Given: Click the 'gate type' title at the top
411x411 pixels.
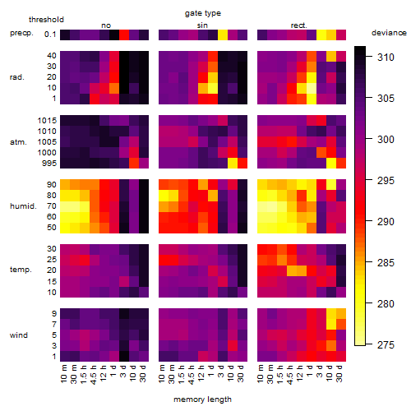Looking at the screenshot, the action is pyautogui.click(x=203, y=13).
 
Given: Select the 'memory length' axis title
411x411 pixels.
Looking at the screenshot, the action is pyautogui.click(x=202, y=399).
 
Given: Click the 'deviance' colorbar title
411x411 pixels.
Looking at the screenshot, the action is pyautogui.click(x=389, y=33).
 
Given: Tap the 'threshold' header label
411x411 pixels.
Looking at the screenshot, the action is pyautogui.click(x=46, y=20).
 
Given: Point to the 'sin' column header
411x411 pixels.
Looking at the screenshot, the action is pyautogui.click(x=202, y=25).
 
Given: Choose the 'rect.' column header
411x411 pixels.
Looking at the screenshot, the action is pyautogui.click(x=299, y=25).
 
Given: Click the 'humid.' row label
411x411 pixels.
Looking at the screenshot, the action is pyautogui.click(x=23, y=206).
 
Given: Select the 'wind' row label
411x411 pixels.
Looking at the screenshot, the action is pyautogui.click(x=19, y=335).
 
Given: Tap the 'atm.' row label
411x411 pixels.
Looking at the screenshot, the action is pyautogui.click(x=18, y=142).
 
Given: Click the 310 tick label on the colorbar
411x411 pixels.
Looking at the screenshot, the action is pyautogui.click(x=386, y=58).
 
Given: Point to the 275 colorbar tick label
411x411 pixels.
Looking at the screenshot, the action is pyautogui.click(x=386, y=345).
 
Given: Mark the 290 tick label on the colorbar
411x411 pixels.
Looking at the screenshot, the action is pyautogui.click(x=386, y=222).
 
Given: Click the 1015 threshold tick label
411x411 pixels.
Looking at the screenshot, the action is pyautogui.click(x=47, y=121).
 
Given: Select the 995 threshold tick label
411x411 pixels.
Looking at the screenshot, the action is pyautogui.click(x=49, y=164).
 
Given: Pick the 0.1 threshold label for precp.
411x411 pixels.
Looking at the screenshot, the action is pyautogui.click(x=50, y=35).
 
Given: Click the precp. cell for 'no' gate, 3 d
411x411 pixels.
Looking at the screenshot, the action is pyautogui.click(x=124, y=35).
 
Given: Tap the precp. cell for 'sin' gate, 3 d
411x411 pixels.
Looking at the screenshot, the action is pyautogui.click(x=223, y=35).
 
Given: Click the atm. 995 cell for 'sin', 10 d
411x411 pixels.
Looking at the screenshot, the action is pyautogui.click(x=233, y=164).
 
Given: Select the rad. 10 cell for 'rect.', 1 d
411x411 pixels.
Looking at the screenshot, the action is pyautogui.click(x=312, y=88).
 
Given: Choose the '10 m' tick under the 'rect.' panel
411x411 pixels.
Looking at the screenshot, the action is pyautogui.click(x=261, y=373).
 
